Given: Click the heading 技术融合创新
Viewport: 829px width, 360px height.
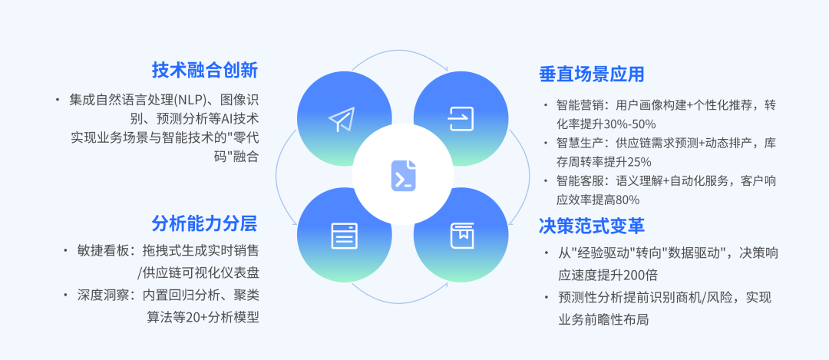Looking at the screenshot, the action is tap(204, 71).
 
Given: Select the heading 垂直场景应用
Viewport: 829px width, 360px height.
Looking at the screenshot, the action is tap(591, 74).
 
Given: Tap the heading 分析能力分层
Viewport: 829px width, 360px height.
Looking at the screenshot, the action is tap(204, 223).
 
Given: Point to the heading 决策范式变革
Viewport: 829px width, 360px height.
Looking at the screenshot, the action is tap(591, 226).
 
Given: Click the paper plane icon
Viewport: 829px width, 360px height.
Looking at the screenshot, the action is tap(342, 118).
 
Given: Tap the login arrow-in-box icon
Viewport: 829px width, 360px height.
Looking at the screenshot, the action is tap(461, 118).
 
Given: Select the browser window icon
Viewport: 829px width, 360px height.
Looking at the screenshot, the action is tap(344, 235).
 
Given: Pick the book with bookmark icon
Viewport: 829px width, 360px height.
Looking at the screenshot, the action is tap(461, 235).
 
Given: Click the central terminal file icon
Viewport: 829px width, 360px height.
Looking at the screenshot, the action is tap(403, 176).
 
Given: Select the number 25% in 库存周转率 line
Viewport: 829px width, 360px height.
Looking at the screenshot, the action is tap(639, 161).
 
